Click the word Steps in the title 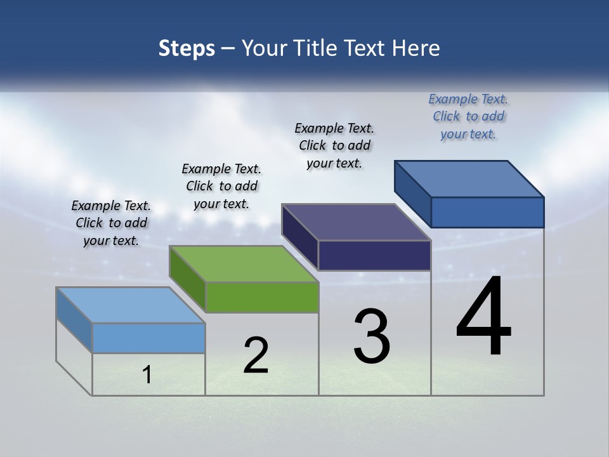point(187,48)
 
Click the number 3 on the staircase point(372,336)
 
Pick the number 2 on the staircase point(256,355)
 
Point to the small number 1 point(147,374)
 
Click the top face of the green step point(244,263)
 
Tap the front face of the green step point(262,297)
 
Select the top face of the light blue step point(131,305)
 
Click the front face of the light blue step point(148,338)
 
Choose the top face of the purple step point(356,222)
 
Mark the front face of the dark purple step point(374,255)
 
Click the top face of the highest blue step point(469,178)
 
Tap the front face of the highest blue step point(487,212)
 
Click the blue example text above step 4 point(468,116)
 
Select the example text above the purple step point(334,145)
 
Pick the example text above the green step point(221,186)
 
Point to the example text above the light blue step point(111,223)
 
